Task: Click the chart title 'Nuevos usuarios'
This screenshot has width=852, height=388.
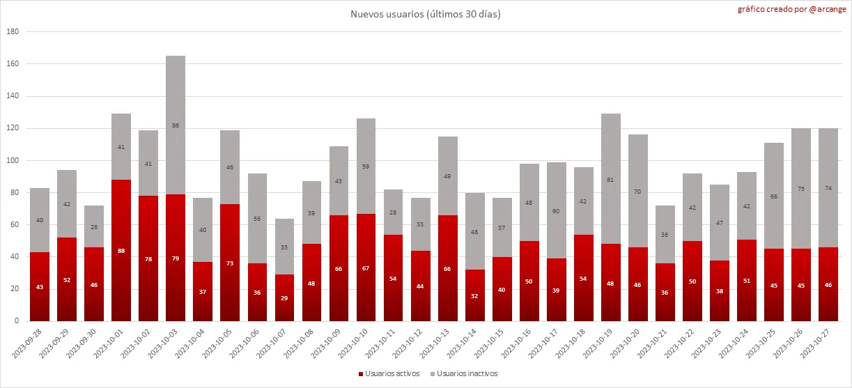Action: (426, 14)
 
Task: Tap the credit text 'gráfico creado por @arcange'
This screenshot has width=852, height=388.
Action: (801, 10)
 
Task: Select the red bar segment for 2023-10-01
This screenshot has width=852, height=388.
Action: (121, 251)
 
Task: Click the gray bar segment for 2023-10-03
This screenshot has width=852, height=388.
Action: (176, 125)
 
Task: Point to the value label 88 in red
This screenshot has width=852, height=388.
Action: (121, 251)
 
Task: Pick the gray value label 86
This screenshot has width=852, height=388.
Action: (176, 125)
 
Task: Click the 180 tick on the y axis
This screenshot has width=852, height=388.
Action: (13, 32)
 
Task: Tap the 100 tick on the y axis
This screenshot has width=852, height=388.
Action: (13, 161)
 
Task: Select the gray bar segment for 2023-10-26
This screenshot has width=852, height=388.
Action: (801, 189)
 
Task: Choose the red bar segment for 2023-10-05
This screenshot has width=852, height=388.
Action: (230, 263)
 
